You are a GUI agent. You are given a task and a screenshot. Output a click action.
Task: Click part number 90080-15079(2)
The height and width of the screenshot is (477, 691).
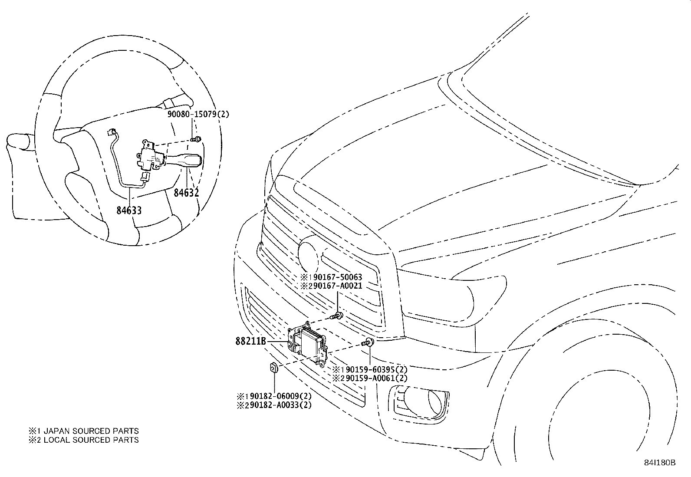click(x=198, y=115)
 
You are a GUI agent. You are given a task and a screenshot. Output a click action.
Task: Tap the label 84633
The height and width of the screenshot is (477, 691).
click(x=129, y=211)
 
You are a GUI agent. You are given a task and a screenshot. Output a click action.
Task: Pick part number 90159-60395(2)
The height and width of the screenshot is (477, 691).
click(x=374, y=369)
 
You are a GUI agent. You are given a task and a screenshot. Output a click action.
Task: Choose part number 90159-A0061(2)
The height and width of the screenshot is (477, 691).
click(x=374, y=378)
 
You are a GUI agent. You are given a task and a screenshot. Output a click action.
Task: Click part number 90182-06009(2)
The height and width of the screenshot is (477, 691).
click(x=277, y=396)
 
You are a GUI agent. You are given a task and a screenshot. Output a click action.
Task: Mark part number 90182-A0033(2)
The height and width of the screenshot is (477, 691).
click(x=277, y=405)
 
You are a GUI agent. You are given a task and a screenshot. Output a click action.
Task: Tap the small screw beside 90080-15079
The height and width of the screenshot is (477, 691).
click(x=197, y=139)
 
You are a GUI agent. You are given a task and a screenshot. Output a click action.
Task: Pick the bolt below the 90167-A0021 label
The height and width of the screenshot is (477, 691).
click(x=338, y=315)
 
